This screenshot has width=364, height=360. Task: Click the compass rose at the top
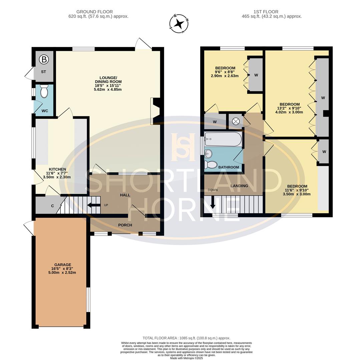tap(179, 24)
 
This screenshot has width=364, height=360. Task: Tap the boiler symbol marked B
tap(44, 60)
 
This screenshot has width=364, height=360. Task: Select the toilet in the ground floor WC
tap(44, 91)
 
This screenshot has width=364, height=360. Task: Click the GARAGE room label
tap(63, 265)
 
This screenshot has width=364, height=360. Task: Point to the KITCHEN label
tap(57, 169)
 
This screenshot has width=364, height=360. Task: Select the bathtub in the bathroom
tap(223, 139)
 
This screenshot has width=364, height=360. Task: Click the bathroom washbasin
tap(208, 154)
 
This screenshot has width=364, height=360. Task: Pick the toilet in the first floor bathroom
tap(211, 165)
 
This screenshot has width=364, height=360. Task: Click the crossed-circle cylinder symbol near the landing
tap(236, 121)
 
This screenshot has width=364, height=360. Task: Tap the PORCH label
tap(125, 225)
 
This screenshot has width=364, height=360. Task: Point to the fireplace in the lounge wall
tap(155, 111)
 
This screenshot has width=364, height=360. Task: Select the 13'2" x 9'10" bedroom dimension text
tap(289, 108)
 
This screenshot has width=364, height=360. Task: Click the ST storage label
tap(43, 72)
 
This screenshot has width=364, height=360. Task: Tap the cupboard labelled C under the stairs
tap(52, 206)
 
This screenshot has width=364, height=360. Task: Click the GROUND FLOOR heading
tap(95, 12)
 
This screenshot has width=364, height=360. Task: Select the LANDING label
tap(239, 186)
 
